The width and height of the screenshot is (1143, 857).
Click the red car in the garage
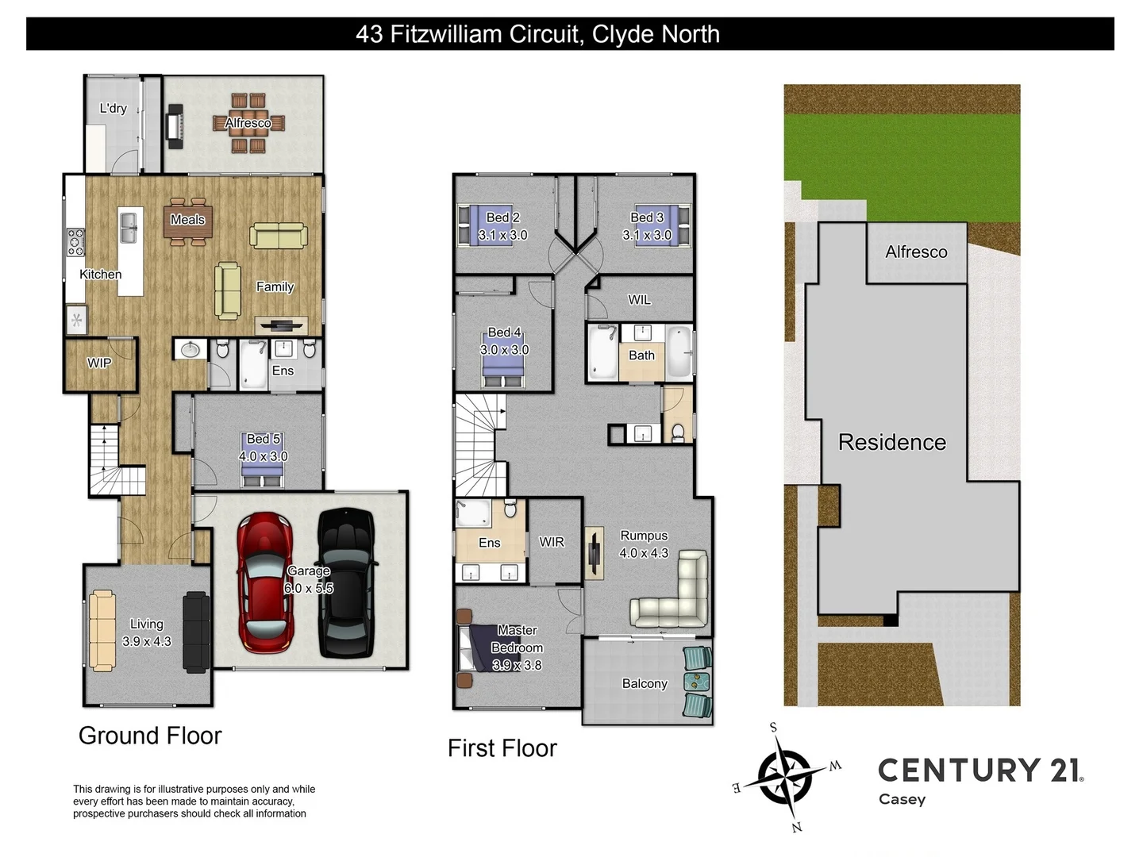point(265,583)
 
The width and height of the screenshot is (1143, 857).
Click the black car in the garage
point(346,583)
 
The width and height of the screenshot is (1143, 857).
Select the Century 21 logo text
point(980,771)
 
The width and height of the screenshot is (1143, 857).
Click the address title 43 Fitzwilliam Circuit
point(537,34)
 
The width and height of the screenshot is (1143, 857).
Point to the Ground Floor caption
point(150,736)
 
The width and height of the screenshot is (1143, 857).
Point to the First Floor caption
point(502,748)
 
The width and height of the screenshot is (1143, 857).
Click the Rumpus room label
point(644,536)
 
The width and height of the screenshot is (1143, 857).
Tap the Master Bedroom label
point(517,639)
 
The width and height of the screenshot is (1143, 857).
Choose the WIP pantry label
point(99,363)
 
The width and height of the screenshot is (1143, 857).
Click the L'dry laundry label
point(113,109)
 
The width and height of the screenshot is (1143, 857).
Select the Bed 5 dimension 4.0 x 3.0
point(264,456)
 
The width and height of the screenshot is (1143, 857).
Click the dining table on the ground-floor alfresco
point(248,123)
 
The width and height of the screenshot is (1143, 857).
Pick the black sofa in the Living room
point(196,632)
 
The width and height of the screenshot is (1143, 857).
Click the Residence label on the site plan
point(892,442)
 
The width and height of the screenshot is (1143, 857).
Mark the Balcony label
point(645,683)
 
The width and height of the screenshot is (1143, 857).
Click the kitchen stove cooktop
point(75,242)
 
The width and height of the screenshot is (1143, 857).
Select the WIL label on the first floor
point(639,300)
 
